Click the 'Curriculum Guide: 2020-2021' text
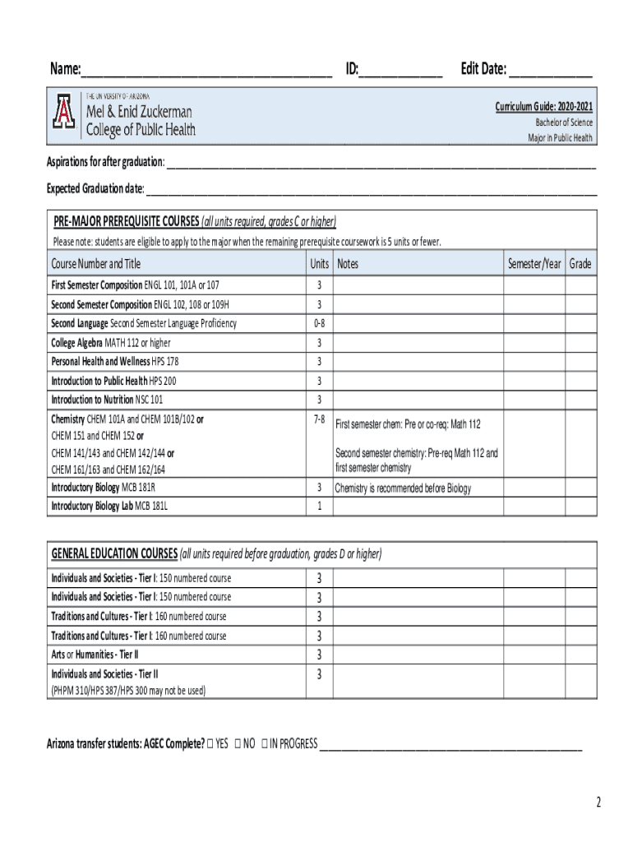click(543, 108)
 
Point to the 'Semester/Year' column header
click(534, 264)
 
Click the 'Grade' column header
click(580, 264)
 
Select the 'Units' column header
click(320, 264)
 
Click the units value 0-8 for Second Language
click(320, 323)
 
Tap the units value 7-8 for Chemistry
click(320, 419)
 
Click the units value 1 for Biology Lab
click(320, 507)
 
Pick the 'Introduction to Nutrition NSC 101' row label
click(107, 400)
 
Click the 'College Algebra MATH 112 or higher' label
click(111, 343)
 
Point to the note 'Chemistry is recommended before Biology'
click(403, 488)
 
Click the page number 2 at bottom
click(598, 802)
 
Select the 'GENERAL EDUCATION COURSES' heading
click(114, 553)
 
